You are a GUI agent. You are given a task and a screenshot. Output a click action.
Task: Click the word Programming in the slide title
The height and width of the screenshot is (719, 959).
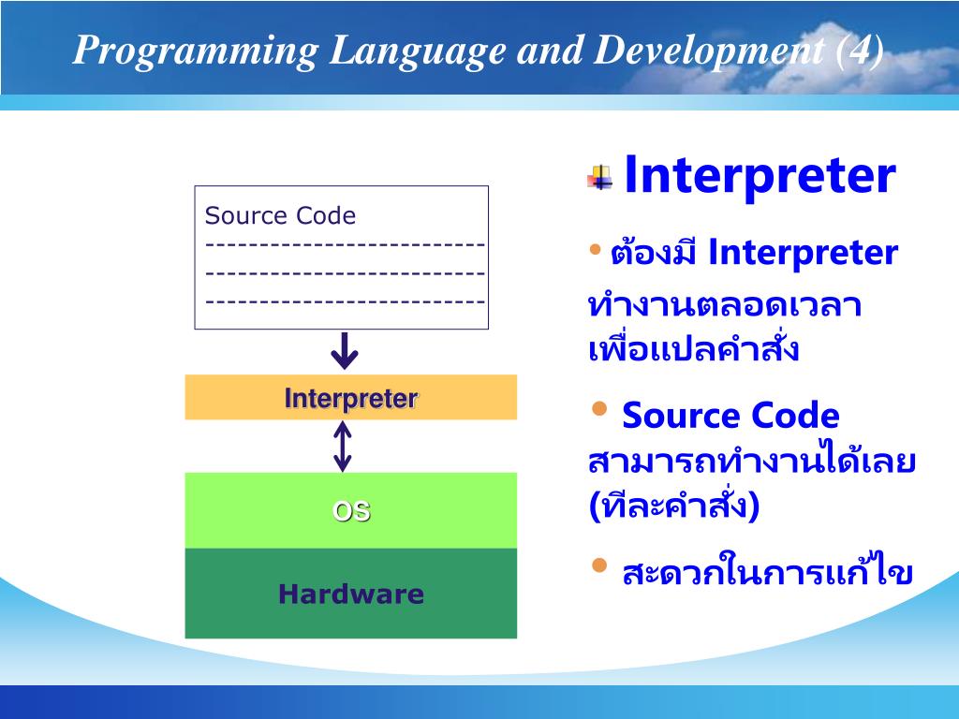coord(196,51)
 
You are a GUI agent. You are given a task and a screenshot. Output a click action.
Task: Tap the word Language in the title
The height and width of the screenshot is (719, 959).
coord(417,51)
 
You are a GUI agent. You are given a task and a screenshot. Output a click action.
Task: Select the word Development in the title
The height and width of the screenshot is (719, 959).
coord(708,51)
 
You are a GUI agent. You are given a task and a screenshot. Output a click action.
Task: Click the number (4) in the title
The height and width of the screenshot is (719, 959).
coord(860,51)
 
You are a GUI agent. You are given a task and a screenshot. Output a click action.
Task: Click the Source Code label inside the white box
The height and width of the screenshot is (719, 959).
coord(280,215)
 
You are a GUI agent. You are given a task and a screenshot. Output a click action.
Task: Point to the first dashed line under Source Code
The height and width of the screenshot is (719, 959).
coord(345,245)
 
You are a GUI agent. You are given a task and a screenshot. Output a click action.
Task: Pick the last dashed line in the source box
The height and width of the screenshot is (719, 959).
coord(345,301)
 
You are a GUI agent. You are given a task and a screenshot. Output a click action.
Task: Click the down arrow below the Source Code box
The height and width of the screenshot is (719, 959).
coord(345,351)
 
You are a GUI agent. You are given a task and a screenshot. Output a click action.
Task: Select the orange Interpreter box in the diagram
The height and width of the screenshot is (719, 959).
coord(351,397)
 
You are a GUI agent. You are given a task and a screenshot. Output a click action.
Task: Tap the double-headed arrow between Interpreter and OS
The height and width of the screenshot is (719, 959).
coord(343,447)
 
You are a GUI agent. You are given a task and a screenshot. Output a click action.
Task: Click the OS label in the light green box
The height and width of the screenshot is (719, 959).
coord(351,511)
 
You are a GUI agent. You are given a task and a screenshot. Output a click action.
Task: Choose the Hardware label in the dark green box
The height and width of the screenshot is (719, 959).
coord(351,594)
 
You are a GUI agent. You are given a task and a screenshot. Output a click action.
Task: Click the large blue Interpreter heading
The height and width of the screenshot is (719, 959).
coord(760,176)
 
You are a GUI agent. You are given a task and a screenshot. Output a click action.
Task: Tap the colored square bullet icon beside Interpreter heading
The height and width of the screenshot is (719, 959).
coord(600,177)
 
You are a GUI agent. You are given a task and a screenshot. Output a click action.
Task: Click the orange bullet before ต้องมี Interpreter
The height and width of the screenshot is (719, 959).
coord(595,249)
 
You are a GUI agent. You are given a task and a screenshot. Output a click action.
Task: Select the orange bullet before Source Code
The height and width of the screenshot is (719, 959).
coord(599,408)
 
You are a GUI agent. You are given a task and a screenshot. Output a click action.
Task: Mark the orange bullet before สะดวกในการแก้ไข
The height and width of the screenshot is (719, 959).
coord(599,565)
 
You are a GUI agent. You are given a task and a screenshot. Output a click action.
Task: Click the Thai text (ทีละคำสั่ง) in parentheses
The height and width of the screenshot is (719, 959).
coord(674,505)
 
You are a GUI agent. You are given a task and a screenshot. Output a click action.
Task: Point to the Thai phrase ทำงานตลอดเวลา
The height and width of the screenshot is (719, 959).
coord(725,306)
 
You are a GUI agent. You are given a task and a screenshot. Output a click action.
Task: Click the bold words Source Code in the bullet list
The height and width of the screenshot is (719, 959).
coord(730,416)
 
